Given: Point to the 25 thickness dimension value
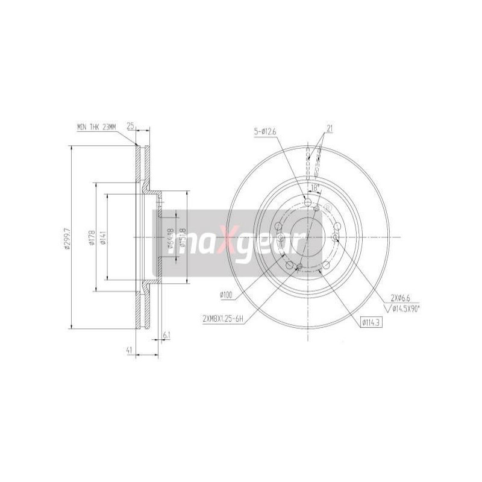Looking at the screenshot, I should pos(130,126).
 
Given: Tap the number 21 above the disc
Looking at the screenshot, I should pos(330,128).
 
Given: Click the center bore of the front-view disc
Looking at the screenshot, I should pos(307,237).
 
